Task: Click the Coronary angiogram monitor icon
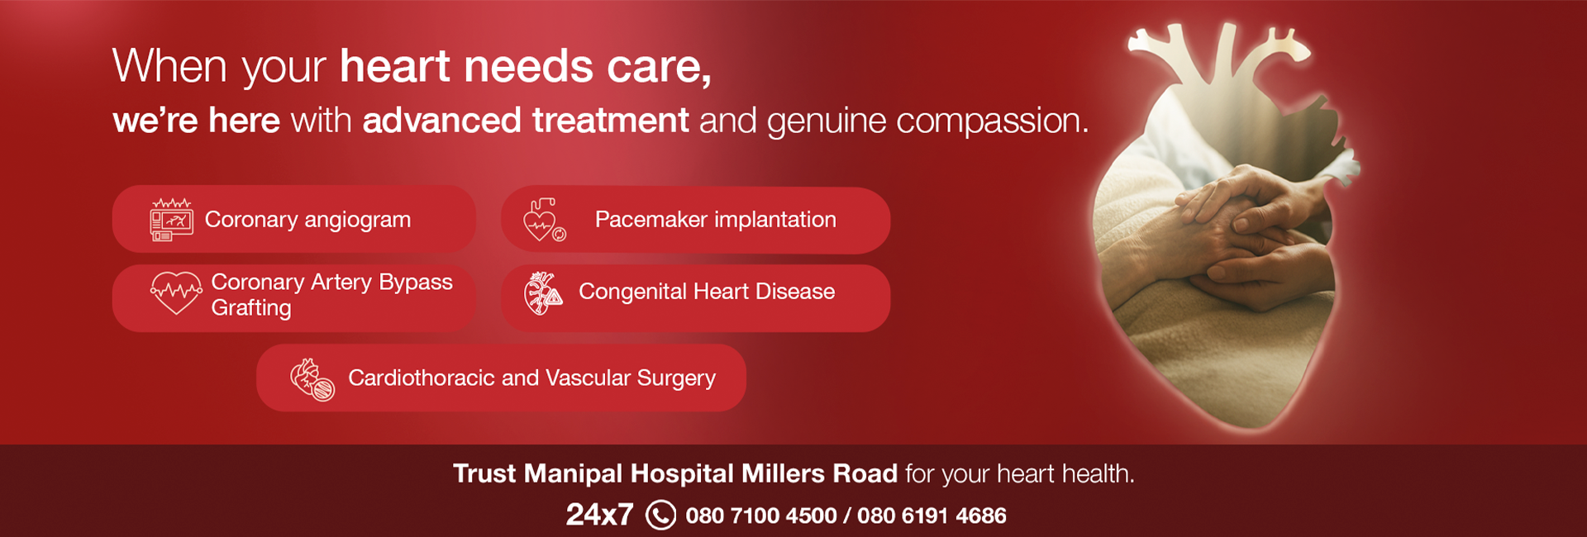click(172, 221)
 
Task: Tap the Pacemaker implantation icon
click(544, 221)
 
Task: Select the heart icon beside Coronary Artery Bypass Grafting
click(176, 293)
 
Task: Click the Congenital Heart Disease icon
click(543, 294)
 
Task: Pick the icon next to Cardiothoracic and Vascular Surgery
click(312, 379)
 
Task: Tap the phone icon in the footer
click(660, 516)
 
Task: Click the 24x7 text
click(599, 516)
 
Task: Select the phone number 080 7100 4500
click(760, 516)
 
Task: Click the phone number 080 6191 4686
click(932, 516)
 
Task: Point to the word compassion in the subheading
click(992, 121)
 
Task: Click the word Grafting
click(251, 308)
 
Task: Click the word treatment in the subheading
click(610, 121)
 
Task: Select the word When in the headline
click(169, 66)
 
